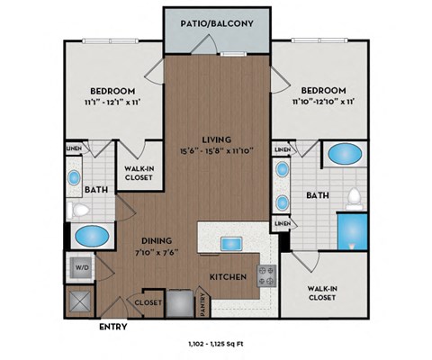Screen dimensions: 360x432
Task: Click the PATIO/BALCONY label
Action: pos(215,23)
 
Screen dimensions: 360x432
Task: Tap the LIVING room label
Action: pos(216,139)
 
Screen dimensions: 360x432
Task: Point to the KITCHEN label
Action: pos(229,277)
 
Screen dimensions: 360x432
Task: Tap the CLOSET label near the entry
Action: pos(148,303)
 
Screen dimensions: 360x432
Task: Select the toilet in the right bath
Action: pos(355,196)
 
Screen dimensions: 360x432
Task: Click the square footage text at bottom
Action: pos(216,345)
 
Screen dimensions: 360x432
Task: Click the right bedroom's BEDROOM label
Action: pos(323,91)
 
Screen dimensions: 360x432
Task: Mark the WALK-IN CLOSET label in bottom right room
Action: pos(323,293)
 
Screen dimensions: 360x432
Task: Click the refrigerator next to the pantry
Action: pos(178,301)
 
